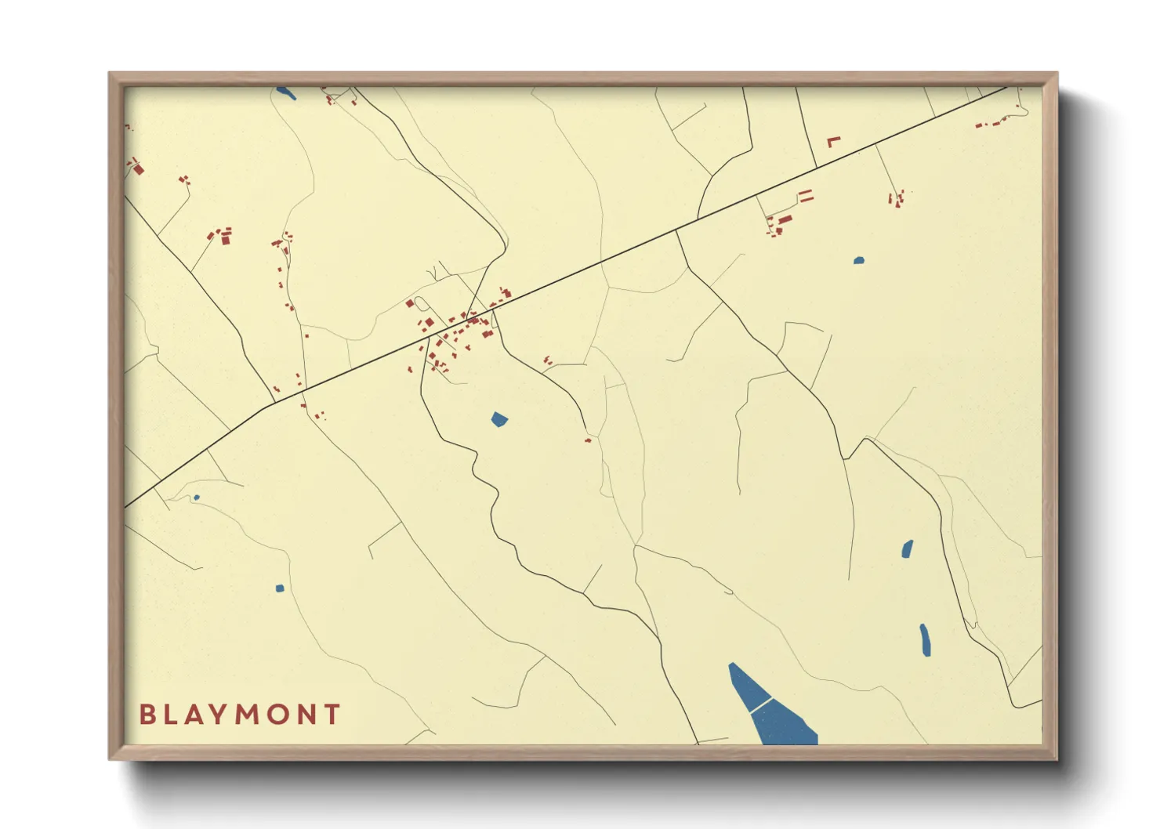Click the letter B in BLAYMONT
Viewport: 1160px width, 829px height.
147,714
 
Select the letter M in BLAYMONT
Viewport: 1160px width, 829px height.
249,714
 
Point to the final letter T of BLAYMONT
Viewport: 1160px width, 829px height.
333,714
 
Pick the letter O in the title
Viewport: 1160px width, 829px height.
280,714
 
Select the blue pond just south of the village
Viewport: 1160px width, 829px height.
499,420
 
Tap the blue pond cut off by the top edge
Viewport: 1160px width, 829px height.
285,93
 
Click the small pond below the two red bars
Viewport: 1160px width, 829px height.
859,260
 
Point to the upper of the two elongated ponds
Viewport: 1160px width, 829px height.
908,548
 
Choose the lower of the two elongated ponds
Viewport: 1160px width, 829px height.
926,640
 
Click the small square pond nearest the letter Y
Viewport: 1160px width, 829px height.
280,588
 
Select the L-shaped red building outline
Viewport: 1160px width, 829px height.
833,141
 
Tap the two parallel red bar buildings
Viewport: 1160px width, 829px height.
805,196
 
